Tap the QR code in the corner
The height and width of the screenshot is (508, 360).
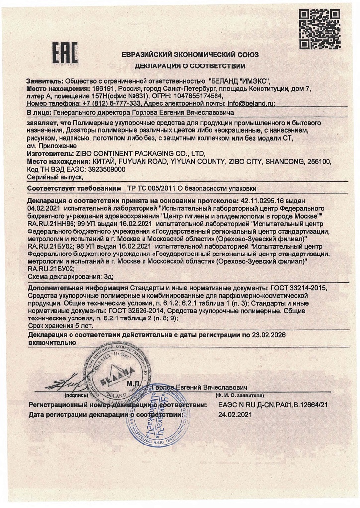point(313,28)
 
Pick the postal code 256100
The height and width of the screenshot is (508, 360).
point(318,161)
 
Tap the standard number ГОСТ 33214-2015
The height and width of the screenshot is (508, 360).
point(298,288)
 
